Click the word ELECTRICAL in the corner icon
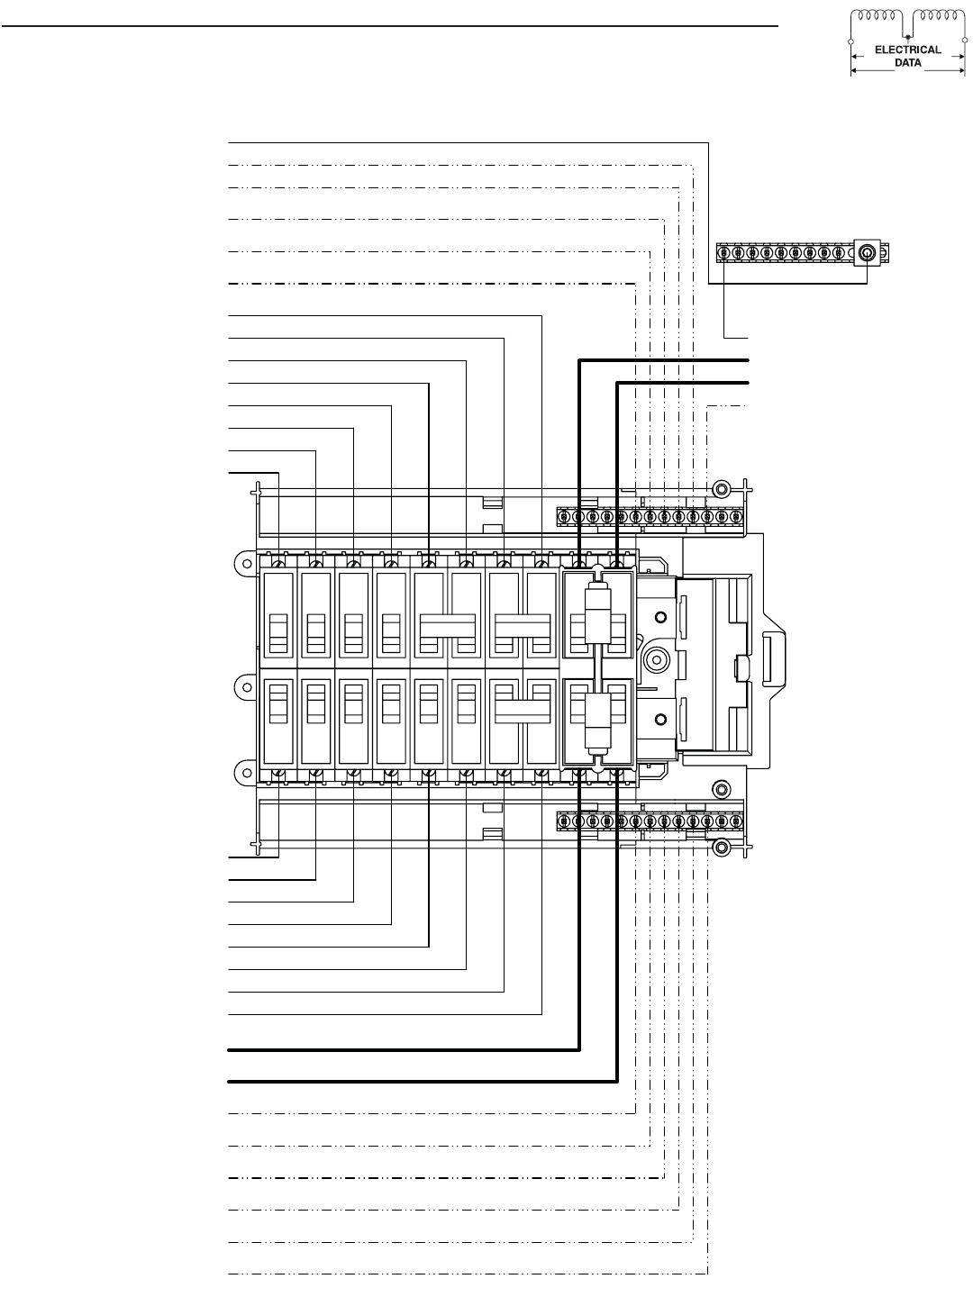(x=907, y=50)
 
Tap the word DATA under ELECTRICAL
(x=907, y=63)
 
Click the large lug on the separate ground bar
(x=867, y=253)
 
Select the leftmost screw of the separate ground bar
(x=723, y=253)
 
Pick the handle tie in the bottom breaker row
(x=523, y=710)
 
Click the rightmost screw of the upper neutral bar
(x=737, y=517)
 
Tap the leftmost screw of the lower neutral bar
(x=564, y=821)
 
